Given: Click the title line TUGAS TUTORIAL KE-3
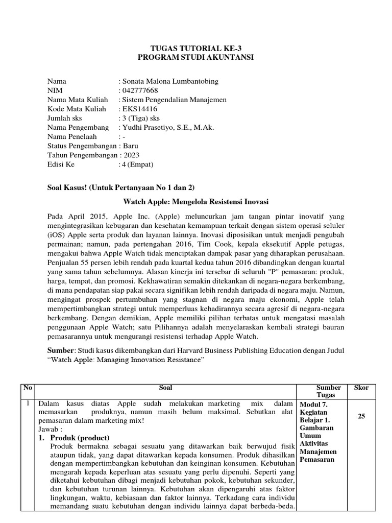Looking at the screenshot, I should (196, 49).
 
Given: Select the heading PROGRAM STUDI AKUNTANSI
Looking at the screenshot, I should (196, 58).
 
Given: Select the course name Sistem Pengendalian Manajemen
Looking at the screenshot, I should (173, 100).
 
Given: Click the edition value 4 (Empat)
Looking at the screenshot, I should (137, 164).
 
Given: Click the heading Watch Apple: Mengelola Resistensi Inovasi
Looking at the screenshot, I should (196, 201).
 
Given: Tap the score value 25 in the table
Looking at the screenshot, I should (361, 416).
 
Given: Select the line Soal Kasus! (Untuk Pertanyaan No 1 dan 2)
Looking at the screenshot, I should (121, 187).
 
